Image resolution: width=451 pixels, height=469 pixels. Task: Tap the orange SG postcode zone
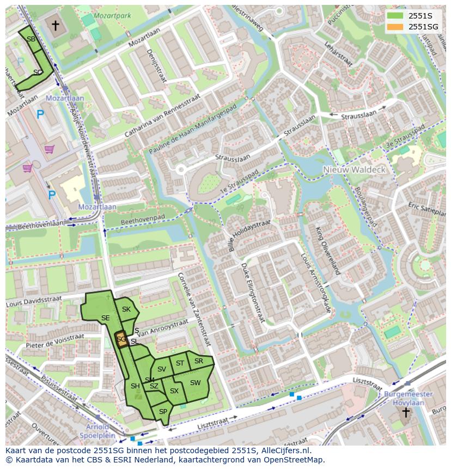[121, 340]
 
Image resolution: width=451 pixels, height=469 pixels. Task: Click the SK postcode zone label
[126, 309]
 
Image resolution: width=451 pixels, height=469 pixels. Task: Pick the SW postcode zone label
[195, 383]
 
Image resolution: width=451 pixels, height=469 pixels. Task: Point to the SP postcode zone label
[163, 412]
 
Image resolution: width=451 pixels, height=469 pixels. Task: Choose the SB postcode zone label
[31, 39]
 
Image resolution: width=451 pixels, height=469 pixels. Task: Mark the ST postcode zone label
[180, 363]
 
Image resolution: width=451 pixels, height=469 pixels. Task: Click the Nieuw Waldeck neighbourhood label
[354, 169]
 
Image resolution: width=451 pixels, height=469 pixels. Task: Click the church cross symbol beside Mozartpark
[55, 25]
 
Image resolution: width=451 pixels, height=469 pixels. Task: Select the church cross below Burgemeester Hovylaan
[405, 412]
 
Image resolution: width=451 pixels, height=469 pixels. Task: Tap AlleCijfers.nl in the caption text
[283, 450]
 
